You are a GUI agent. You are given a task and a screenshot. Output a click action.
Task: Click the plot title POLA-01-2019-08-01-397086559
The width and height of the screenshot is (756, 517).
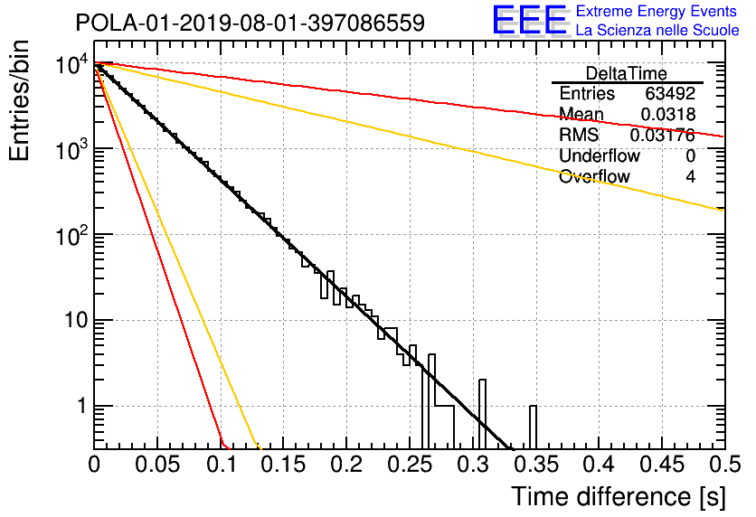(250, 23)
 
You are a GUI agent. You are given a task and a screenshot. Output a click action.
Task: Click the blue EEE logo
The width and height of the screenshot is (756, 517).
(530, 21)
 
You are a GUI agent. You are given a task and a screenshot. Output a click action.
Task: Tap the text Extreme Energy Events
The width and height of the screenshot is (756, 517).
(657, 11)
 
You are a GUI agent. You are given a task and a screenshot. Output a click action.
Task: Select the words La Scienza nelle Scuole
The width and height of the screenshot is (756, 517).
(657, 31)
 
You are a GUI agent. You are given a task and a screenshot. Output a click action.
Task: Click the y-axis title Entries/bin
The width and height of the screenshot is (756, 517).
(20, 100)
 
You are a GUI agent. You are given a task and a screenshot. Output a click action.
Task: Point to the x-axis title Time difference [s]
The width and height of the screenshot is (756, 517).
(619, 497)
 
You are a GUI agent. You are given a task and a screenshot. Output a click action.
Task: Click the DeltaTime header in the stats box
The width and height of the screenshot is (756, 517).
(627, 73)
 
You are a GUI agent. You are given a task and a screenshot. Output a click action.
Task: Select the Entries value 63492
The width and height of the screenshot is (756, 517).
(670, 93)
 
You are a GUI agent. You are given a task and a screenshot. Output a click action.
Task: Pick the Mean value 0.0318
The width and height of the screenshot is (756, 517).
(668, 114)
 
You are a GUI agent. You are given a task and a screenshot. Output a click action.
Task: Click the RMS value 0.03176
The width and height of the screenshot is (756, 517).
(663, 135)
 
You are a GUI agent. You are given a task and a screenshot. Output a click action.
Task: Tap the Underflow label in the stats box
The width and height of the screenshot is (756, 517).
(600, 155)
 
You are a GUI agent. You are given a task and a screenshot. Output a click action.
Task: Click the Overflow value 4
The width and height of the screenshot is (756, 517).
(690, 176)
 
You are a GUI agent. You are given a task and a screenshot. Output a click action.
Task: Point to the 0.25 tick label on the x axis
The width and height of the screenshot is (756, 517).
(410, 465)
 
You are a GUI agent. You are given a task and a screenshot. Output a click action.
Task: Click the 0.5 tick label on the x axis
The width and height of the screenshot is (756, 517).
(724, 465)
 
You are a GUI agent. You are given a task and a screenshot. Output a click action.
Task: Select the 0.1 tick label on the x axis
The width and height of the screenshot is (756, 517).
(222, 465)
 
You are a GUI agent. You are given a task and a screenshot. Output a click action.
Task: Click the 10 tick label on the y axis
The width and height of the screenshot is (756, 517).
(77, 321)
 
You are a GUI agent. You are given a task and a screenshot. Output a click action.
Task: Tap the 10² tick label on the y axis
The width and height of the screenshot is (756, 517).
(72, 235)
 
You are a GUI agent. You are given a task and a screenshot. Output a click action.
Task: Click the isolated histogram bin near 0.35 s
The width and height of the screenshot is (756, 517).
(533, 428)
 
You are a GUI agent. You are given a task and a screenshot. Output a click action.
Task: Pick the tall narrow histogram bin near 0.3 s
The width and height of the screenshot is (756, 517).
(482, 414)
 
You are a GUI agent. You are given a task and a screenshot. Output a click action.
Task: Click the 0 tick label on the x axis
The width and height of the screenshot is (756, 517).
(94, 465)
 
